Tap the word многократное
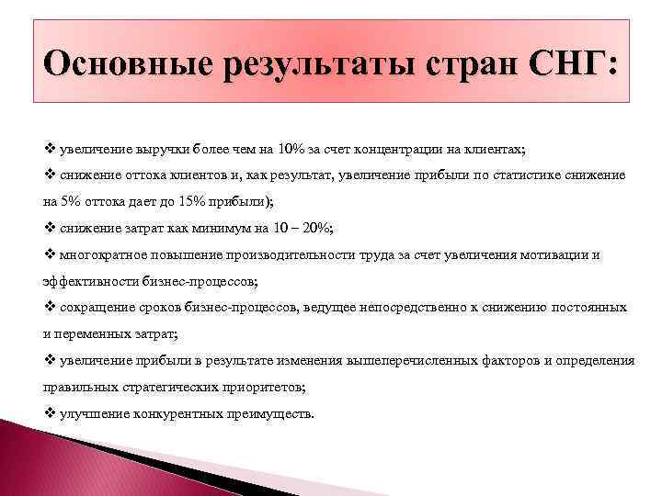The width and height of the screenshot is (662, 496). click(99, 255)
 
